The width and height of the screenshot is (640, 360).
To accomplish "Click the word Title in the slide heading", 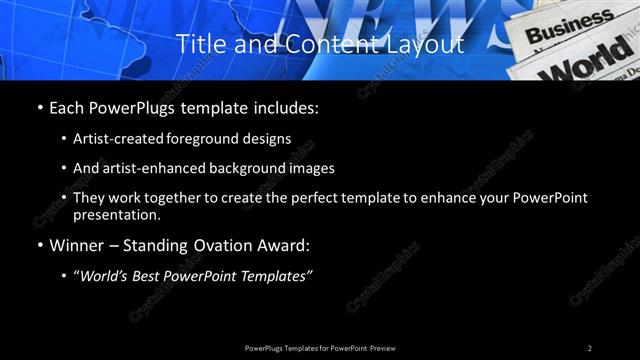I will (197, 44).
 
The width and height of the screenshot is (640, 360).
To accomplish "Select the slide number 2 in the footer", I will (590, 348).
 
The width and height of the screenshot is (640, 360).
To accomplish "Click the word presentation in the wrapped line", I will (117, 215).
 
